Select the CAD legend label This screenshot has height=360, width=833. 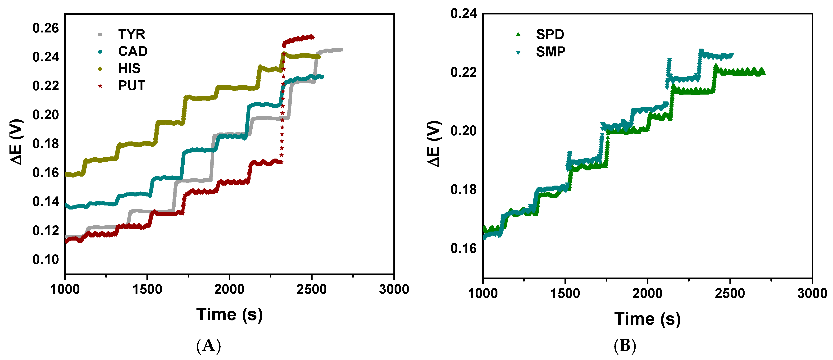pos(132,51)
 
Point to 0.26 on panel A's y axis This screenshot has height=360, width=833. pos(46,28)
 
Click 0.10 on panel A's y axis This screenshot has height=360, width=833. pos(46,260)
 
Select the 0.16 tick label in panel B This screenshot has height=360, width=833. pos(463,248)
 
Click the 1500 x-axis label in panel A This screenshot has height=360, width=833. pos(147,289)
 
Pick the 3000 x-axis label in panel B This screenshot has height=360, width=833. pos(812,293)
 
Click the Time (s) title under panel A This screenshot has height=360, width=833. pos(229,314)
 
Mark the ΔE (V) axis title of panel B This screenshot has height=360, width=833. pos(434,144)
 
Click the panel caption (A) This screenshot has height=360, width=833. pos(209,346)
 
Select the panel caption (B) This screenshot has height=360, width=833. pos(624,346)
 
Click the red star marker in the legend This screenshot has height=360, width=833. pos(100,86)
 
